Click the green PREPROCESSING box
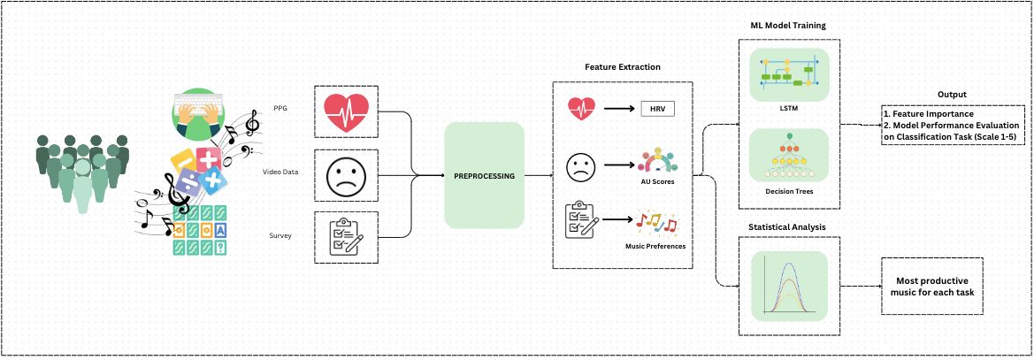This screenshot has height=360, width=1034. (484, 176)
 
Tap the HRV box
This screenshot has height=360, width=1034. (656, 109)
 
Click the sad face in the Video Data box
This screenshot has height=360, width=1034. (347, 174)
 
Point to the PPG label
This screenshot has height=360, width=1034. (280, 109)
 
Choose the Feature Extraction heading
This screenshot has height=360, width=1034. (623, 67)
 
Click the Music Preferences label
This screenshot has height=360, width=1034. (656, 246)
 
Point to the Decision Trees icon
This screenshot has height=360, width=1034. (788, 157)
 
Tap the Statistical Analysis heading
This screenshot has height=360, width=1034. (787, 227)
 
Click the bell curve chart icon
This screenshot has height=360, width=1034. (788, 285)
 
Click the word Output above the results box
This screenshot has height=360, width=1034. (952, 94)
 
